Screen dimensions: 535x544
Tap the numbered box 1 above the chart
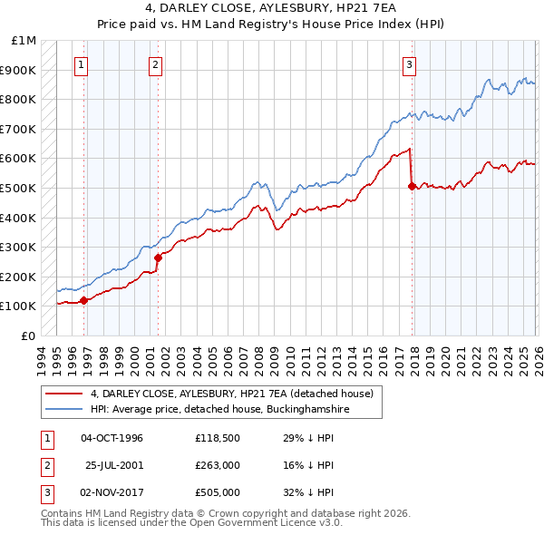click(x=82, y=64)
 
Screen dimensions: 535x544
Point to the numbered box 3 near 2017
click(x=410, y=64)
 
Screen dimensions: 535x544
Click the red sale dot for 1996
click(x=83, y=300)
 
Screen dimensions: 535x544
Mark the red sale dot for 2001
click(x=158, y=258)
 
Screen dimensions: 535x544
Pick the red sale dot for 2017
click(x=412, y=186)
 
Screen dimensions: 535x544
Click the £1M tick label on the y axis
click(x=24, y=41)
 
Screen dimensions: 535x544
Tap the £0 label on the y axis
click(x=28, y=336)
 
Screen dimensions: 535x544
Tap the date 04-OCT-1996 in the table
click(x=112, y=438)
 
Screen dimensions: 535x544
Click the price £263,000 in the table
click(x=217, y=465)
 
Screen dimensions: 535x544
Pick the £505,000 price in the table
click(x=217, y=492)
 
